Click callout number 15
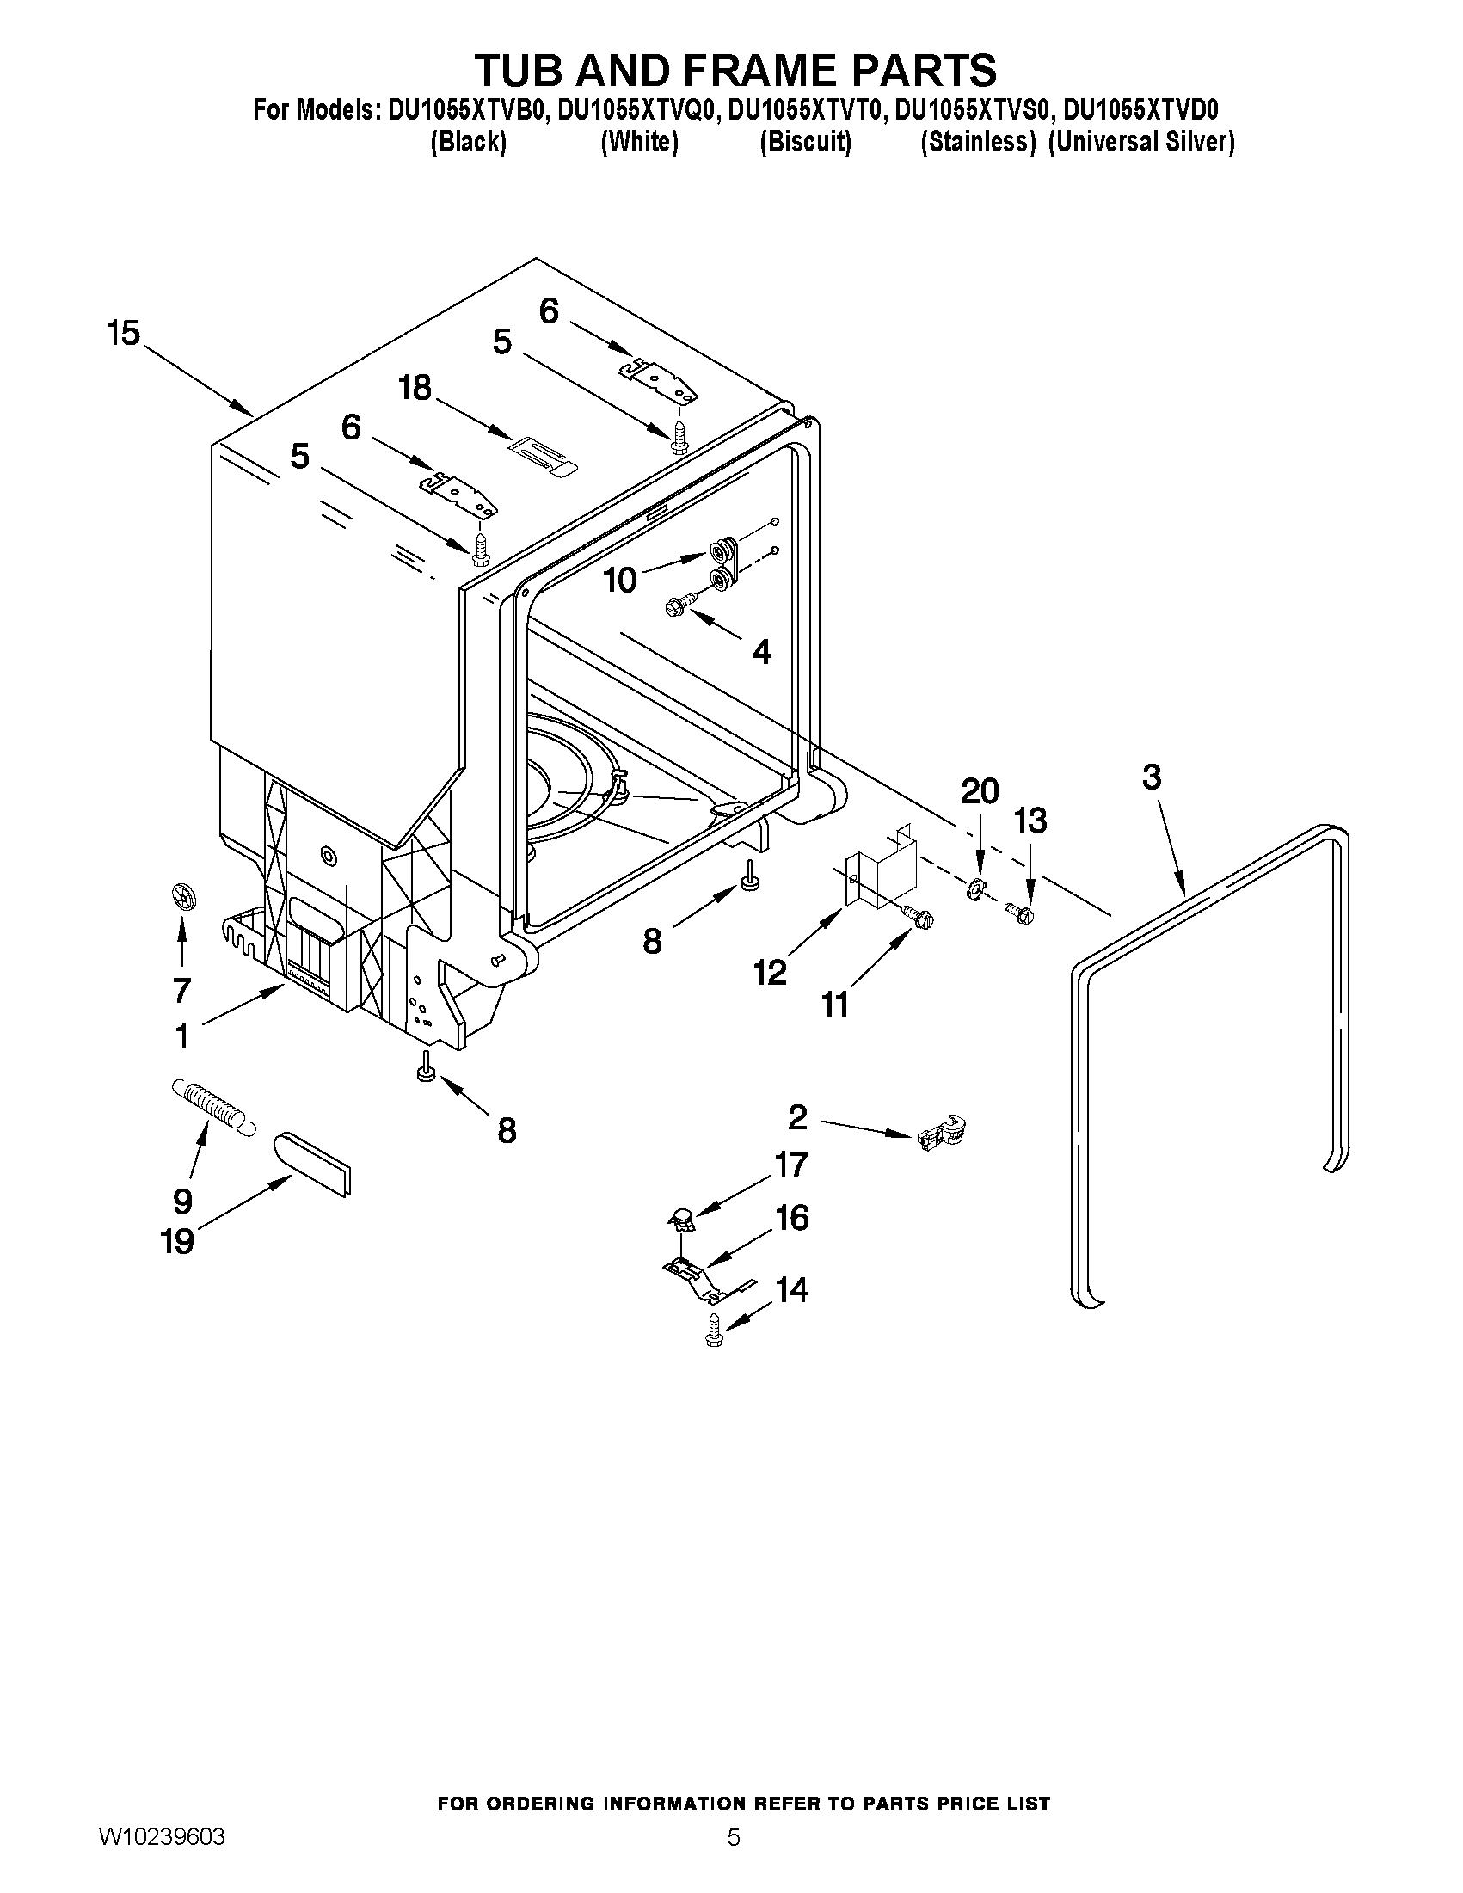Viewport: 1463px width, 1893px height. click(123, 333)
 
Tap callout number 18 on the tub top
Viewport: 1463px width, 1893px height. click(415, 387)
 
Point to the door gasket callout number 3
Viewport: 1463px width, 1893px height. click(1151, 777)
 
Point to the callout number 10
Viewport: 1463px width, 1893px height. click(620, 580)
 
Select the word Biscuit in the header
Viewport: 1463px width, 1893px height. click(805, 142)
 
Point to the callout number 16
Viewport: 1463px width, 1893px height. click(792, 1218)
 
